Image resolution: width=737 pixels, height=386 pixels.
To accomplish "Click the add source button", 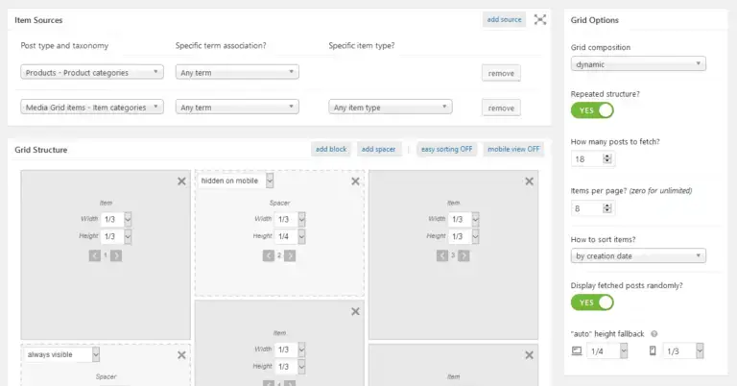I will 504,19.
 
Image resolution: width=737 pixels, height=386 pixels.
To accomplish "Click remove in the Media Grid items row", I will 501,108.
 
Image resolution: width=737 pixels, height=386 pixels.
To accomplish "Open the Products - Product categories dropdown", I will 91,72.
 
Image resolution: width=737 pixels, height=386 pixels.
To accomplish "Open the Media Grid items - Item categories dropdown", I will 91,108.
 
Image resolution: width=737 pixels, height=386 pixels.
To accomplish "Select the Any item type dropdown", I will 390,108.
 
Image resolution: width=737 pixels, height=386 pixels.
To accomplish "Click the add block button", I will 330,149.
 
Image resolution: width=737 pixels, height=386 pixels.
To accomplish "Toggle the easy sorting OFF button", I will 445,149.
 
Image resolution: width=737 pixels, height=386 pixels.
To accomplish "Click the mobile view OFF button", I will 513,149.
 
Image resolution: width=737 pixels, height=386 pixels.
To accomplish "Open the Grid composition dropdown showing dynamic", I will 638,64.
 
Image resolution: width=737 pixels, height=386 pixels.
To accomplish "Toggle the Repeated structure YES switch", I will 592,110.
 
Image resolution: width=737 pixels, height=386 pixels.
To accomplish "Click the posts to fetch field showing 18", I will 591,158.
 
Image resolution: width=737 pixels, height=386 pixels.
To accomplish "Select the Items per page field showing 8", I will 591,207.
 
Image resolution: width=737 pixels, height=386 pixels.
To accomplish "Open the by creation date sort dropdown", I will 638,255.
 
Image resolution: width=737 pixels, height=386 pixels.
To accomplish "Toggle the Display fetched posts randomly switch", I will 592,302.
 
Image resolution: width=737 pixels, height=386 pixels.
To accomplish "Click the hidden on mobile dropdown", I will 236,181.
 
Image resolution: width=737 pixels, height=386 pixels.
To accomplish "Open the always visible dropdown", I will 61,354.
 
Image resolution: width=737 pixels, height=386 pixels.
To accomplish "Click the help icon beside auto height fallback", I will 654,333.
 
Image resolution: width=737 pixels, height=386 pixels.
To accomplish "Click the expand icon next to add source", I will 540,19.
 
